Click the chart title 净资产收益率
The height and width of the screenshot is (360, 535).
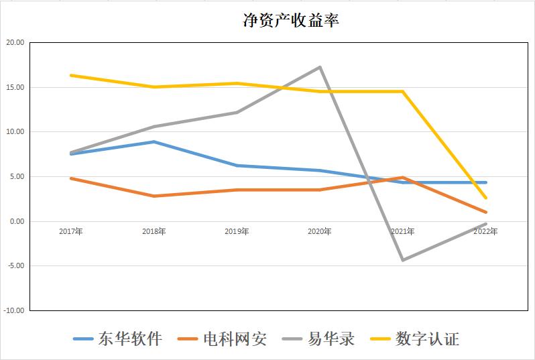[290, 21]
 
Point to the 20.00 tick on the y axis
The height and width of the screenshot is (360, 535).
[15, 42]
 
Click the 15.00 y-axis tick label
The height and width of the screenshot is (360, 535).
[15, 87]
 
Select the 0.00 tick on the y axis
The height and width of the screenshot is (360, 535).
[16, 221]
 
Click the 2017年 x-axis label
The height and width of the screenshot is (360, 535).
[70, 231]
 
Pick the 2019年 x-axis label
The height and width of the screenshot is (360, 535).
[237, 231]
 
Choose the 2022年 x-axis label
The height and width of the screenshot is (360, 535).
[485, 231]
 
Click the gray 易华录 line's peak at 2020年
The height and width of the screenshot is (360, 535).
[320, 67]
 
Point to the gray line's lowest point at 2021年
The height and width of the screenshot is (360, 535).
[403, 259]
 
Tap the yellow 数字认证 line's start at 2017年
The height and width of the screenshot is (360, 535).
[70, 75]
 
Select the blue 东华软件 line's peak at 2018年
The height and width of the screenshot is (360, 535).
[154, 141]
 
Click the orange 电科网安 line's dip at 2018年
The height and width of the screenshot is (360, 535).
[154, 196]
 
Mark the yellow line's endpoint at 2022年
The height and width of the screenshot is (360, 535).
[485, 198]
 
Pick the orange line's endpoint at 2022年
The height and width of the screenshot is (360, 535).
[485, 212]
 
